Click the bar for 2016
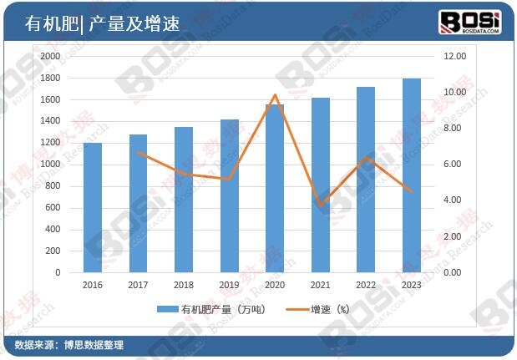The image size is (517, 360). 93,207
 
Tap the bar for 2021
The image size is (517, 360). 320,185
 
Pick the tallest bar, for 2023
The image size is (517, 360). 411,175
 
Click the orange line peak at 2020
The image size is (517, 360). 275,95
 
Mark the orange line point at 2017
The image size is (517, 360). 139,152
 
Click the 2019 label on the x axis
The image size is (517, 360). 229,285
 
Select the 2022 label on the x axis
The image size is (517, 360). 365,285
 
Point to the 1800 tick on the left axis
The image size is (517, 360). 49,78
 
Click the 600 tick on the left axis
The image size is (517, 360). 52,207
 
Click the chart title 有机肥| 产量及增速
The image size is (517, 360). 103,24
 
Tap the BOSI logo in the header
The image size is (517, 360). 470,22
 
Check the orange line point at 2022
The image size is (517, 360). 365,157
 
